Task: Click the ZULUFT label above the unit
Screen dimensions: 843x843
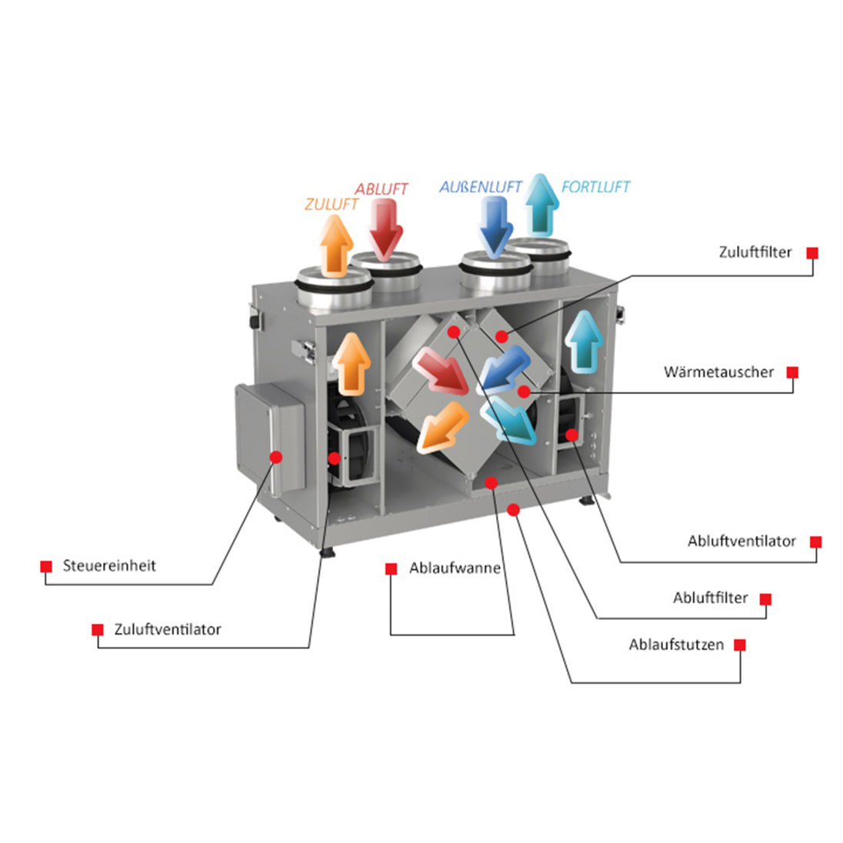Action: (332, 205)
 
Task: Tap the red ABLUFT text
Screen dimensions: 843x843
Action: (381, 188)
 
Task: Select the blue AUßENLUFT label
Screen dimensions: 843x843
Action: (480, 187)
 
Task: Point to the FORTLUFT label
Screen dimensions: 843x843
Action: (595, 186)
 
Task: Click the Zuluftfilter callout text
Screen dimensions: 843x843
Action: (755, 252)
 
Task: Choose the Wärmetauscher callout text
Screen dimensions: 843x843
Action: (718, 372)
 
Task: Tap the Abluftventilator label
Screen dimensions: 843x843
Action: (741, 541)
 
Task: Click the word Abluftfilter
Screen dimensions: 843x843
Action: (710, 598)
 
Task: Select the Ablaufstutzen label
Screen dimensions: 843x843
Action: (676, 645)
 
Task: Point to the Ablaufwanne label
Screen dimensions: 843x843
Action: (455, 568)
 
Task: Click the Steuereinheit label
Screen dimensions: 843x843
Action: (109, 565)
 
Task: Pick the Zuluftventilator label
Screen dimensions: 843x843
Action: (167, 629)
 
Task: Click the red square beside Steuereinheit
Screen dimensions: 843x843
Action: (46, 566)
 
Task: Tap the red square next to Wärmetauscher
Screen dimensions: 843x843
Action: (792, 373)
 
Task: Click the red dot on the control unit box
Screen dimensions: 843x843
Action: (276, 457)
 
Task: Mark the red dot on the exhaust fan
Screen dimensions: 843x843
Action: (571, 435)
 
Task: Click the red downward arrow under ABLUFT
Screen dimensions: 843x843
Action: (385, 227)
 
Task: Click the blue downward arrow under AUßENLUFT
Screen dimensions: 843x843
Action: (495, 225)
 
